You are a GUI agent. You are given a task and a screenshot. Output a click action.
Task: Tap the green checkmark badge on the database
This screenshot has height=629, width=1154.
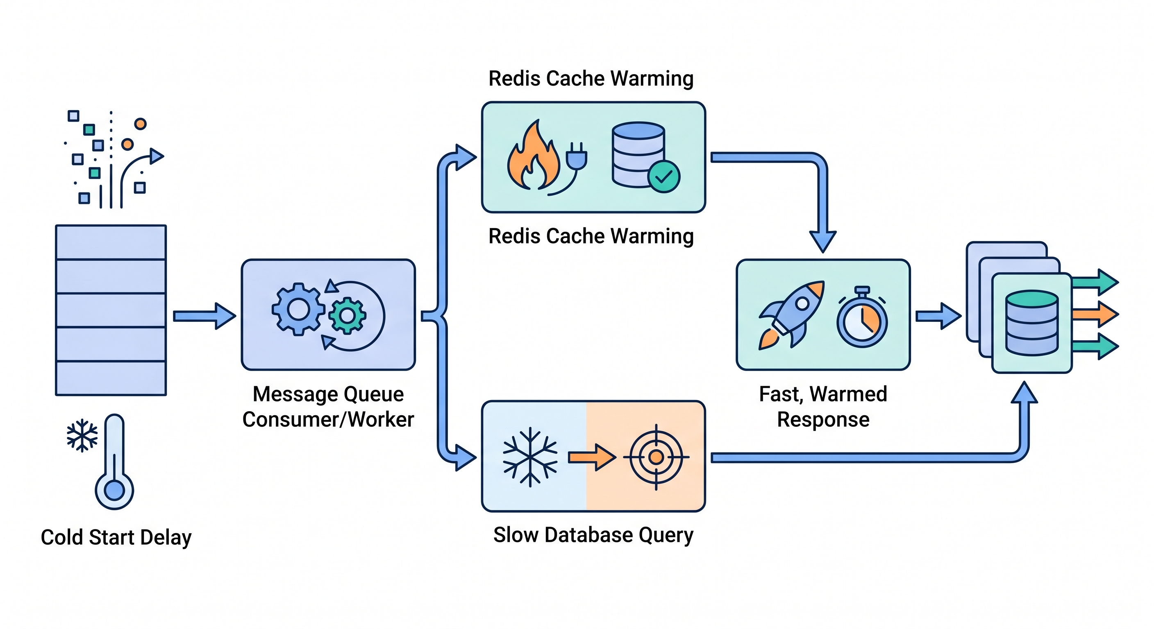663,177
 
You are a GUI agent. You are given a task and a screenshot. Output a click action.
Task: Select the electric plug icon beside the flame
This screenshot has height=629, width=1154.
576,157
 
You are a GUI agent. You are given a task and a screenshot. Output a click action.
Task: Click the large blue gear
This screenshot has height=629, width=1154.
298,309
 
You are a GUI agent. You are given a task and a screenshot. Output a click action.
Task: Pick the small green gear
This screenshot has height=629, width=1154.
347,316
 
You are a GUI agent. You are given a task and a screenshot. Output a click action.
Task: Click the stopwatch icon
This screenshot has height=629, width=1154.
862,318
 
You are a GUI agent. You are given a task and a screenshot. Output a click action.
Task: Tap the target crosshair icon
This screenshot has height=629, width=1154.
656,457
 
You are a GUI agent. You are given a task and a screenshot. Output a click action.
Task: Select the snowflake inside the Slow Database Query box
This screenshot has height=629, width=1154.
530,457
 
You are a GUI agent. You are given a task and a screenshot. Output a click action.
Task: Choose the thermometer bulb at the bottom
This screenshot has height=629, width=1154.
114,490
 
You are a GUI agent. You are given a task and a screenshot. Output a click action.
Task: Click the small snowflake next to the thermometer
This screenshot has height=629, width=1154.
82,436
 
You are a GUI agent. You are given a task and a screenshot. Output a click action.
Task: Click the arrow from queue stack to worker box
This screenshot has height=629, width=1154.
204,316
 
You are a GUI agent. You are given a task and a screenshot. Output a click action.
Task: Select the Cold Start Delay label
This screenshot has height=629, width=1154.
116,537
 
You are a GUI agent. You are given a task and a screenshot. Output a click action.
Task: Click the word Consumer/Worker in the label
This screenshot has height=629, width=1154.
328,419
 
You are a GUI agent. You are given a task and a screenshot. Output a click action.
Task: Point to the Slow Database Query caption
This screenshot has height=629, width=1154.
593,535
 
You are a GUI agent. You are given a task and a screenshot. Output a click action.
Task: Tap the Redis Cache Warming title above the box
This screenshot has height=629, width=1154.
591,78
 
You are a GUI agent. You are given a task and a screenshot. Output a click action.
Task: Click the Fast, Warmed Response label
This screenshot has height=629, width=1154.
823,407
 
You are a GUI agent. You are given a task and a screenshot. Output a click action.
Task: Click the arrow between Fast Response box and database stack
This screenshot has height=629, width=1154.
938,316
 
